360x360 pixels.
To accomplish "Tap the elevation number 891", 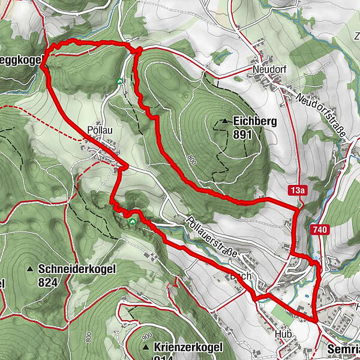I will [243, 135].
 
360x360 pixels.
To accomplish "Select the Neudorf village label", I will [269, 70].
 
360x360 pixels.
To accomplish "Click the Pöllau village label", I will [99, 131].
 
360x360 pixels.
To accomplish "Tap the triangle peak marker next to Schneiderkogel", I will [30, 269].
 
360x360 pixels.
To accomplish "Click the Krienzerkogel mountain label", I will [188, 347].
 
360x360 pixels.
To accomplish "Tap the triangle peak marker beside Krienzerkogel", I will [146, 347].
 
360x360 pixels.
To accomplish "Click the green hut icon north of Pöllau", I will [119, 81].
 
